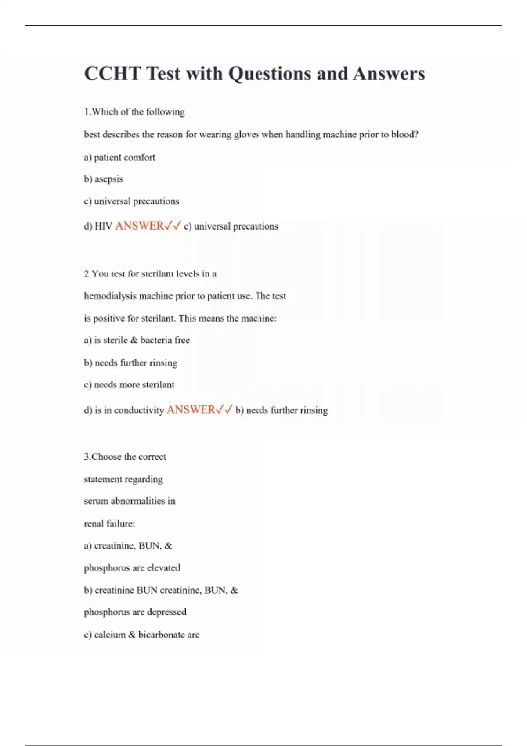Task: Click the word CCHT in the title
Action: [x=112, y=74]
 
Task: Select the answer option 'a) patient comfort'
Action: [x=119, y=157]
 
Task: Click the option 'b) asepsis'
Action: [x=103, y=179]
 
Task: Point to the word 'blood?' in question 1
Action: [x=404, y=135]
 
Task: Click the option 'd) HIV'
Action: [x=98, y=226]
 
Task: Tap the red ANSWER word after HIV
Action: [x=139, y=226]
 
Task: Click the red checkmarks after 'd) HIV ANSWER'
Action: [x=172, y=226]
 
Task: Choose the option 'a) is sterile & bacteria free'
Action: [x=137, y=340]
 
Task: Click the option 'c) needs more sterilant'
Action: [x=129, y=385]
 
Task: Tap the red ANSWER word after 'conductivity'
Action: [x=191, y=410]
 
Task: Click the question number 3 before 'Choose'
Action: [x=86, y=457]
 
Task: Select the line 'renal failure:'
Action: [x=109, y=524]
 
